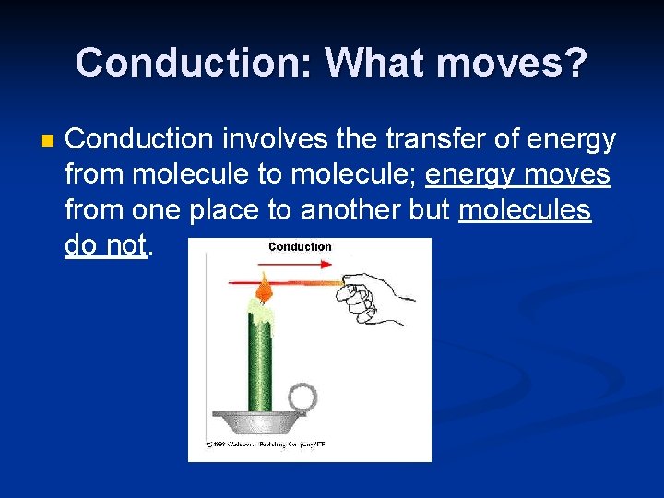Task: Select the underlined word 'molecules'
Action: (524, 210)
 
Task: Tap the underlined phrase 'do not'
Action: (105, 246)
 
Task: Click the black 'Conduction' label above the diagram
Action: (300, 247)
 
